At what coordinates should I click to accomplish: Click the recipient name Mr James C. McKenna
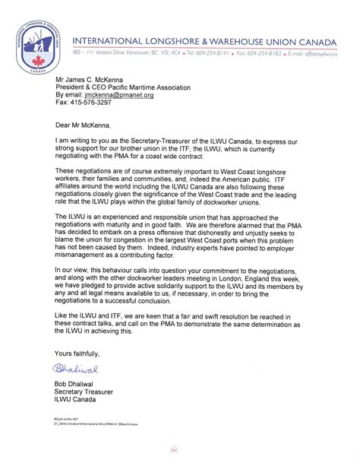pos(85,76)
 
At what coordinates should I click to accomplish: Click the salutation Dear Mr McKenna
pos(85,124)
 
